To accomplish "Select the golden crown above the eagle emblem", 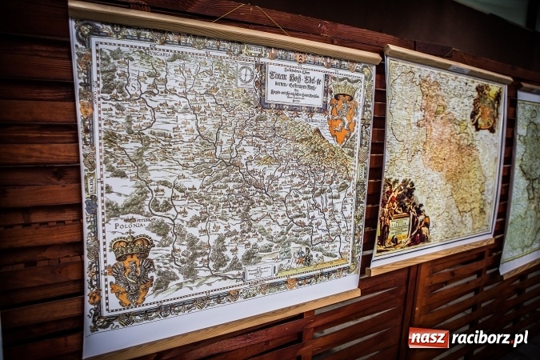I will click(x=132, y=246).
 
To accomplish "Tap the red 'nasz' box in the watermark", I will click(x=428, y=338).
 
